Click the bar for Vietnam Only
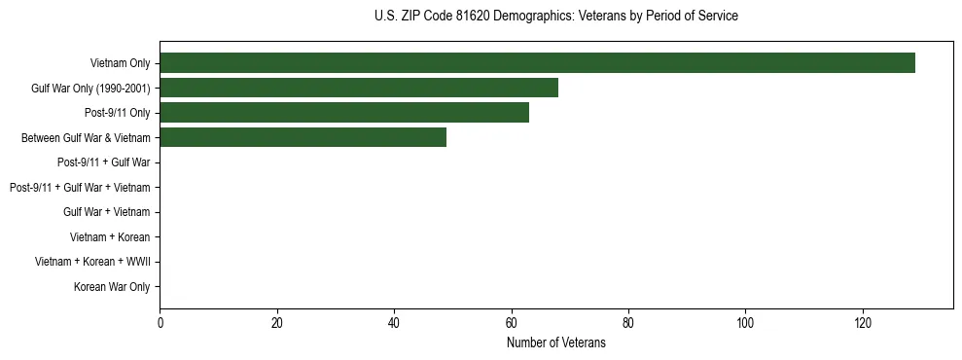pyautogui.click(x=537, y=63)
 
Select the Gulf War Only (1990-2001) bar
pyautogui.click(x=359, y=89)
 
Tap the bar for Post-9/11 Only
pyautogui.click(x=344, y=113)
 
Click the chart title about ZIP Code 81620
pyautogui.click(x=555, y=17)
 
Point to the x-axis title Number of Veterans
pyautogui.click(x=555, y=342)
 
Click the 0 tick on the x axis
pyautogui.click(x=160, y=323)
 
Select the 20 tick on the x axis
pyautogui.click(x=276, y=323)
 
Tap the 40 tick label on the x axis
pyautogui.click(x=394, y=323)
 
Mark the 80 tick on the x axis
pyautogui.click(x=628, y=323)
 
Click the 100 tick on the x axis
pyautogui.click(x=745, y=323)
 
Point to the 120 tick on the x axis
pyautogui.click(x=863, y=323)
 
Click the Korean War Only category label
pyautogui.click(x=112, y=287)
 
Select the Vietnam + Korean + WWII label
pyautogui.click(x=92, y=262)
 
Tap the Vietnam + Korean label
pyautogui.click(x=110, y=237)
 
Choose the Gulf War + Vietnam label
pyautogui.click(x=107, y=212)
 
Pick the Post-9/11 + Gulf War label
pyautogui.click(x=104, y=162)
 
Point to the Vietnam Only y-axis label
pyautogui.click(x=121, y=63)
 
